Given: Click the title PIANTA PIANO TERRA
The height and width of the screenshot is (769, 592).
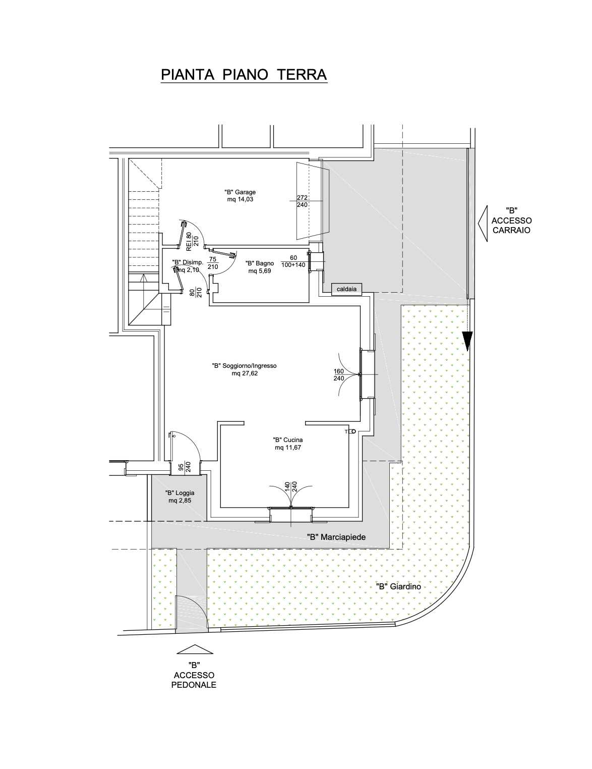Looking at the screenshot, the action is click(x=244, y=75).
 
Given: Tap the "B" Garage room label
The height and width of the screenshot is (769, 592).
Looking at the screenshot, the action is click(x=240, y=192).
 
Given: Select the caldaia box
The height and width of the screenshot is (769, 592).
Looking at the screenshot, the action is click(x=346, y=289).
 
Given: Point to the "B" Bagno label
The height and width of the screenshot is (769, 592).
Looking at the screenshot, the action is click(x=260, y=263).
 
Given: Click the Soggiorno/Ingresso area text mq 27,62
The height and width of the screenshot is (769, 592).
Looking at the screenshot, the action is click(x=245, y=373).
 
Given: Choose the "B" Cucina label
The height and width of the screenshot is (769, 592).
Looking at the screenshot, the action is click(x=288, y=440).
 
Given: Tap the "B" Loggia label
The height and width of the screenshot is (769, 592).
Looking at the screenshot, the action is click(x=180, y=492).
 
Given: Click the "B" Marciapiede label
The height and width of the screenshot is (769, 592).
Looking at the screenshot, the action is click(x=336, y=537).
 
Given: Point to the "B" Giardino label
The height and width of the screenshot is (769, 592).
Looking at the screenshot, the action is click(x=398, y=586).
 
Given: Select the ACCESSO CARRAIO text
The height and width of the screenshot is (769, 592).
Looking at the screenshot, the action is click(x=511, y=226).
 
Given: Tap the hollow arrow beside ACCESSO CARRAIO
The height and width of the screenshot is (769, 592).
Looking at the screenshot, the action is click(x=483, y=224).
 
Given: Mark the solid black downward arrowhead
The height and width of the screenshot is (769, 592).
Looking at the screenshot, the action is click(x=467, y=342).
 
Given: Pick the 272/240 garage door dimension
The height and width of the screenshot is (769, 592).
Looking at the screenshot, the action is click(x=302, y=201).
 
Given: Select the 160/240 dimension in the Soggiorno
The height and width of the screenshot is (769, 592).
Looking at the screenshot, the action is click(x=339, y=375).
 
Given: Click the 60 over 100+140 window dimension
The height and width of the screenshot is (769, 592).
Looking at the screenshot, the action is click(x=293, y=261).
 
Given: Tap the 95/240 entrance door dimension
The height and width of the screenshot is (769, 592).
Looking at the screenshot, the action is click(x=185, y=467).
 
